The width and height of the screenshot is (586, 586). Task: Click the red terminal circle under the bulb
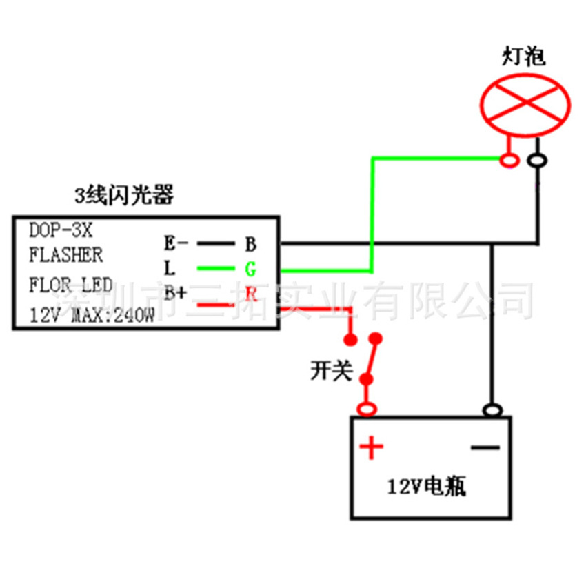tap(510, 161)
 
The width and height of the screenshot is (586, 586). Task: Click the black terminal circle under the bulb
tap(537, 161)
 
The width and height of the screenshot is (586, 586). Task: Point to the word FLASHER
tap(66, 255)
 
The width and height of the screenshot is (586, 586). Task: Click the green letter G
tap(250, 268)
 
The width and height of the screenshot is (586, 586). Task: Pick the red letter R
tap(251, 294)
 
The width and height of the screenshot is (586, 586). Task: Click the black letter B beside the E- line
tap(251, 243)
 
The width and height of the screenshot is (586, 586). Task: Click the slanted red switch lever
tap(372, 359)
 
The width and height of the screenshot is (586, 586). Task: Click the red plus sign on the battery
tap(371, 448)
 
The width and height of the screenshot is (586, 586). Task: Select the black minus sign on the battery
tap(485, 448)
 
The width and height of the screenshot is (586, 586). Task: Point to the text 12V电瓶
tap(426, 488)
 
